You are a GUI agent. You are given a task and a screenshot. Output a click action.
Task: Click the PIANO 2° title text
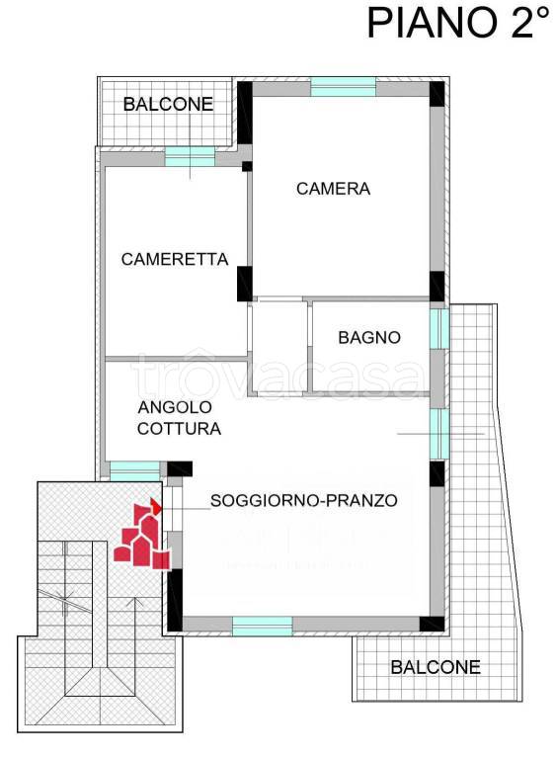tap(456, 23)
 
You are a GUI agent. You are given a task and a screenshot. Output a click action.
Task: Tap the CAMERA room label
tap(333, 189)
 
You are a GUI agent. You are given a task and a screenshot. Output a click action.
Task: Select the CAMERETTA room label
tap(175, 260)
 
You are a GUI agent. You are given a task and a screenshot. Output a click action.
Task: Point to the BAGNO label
tap(369, 338)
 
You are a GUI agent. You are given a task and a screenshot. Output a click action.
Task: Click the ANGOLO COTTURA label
tap(179, 419)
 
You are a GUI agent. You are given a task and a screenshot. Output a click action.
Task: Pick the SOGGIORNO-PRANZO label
tap(303, 501)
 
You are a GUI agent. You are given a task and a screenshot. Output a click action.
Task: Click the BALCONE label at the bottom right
tap(436, 667)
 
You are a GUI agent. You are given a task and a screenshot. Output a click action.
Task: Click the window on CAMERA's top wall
tap(343, 88)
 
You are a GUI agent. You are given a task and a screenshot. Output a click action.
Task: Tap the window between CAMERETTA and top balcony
tap(190, 156)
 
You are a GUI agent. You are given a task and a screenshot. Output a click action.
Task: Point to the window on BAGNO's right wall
tap(438, 329)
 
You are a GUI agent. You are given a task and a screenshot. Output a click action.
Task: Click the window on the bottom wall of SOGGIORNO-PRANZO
tap(262, 626)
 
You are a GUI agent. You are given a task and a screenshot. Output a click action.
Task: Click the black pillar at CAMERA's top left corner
tap(244, 102)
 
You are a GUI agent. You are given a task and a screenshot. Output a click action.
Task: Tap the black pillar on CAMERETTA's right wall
tap(244, 284)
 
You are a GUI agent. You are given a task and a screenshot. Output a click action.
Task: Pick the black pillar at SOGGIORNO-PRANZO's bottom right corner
tap(432, 624)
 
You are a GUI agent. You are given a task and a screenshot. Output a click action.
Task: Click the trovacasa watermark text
tap(277, 377)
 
